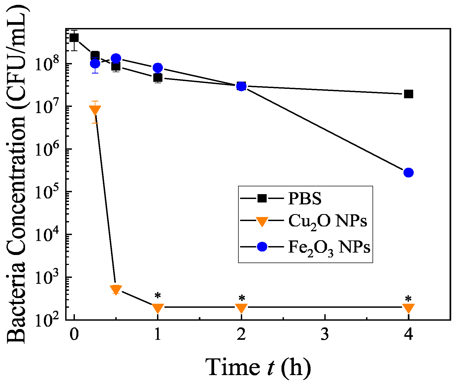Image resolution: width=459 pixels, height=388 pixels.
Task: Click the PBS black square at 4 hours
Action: (408, 94)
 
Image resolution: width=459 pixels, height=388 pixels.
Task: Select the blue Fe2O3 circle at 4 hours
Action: (408, 173)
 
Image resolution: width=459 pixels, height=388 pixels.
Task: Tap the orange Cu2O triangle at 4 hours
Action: (408, 308)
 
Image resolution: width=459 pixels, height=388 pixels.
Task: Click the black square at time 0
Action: (74, 37)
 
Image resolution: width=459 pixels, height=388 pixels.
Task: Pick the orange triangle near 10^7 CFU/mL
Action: (95, 110)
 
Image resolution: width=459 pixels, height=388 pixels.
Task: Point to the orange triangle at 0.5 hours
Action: (116, 289)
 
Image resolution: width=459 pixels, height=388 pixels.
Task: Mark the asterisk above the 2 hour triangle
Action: (242, 298)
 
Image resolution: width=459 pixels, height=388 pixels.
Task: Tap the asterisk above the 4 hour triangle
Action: (408, 299)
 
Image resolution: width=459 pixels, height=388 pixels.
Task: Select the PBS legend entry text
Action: (305, 199)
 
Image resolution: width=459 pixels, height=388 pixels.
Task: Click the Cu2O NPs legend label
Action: (328, 221)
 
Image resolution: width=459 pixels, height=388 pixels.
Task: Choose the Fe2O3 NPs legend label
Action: (329, 247)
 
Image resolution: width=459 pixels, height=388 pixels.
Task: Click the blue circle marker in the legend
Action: (262, 247)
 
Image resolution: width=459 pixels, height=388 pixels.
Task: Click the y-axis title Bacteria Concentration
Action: (17, 175)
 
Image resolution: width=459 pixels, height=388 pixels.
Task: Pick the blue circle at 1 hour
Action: (158, 68)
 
